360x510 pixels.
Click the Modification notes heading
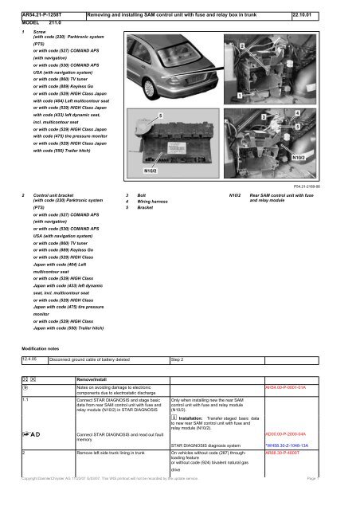(46, 348)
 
